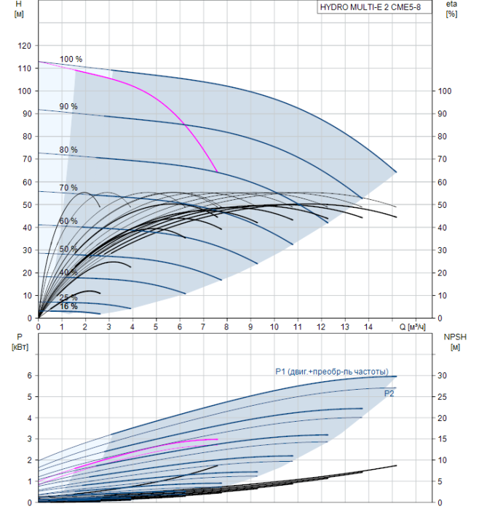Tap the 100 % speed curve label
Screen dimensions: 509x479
[71, 59]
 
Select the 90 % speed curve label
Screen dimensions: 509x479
[68, 106]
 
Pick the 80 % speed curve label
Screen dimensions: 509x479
[68, 150]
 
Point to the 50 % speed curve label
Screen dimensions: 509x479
[68, 249]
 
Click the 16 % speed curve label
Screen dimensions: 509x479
[68, 307]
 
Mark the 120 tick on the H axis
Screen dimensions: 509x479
[25, 46]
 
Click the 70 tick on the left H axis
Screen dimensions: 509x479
[27, 159]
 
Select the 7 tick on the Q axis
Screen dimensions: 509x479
[203, 327]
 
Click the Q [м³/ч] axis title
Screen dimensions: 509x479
[413, 327]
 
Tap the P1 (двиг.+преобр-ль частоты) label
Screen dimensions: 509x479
[331, 371]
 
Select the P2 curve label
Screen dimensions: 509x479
[389, 393]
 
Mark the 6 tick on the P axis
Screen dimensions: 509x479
[29, 375]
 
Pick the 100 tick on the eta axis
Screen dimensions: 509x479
[447, 91]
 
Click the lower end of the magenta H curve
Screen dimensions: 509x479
[217, 172]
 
